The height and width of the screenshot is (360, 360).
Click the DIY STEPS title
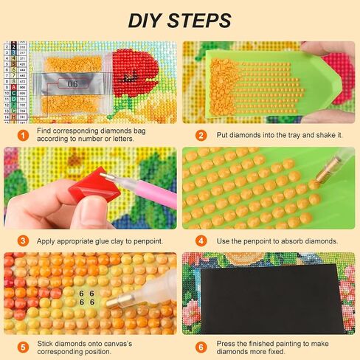179,19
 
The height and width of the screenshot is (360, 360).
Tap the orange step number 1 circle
18,135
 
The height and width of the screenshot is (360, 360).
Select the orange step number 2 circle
200,135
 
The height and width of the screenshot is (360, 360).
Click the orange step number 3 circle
18,240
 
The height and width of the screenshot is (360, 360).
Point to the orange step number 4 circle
200,240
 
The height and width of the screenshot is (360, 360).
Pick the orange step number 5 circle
18,347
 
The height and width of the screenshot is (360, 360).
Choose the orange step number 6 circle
200,347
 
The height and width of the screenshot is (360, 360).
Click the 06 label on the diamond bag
72,84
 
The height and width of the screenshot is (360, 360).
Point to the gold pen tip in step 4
323,178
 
